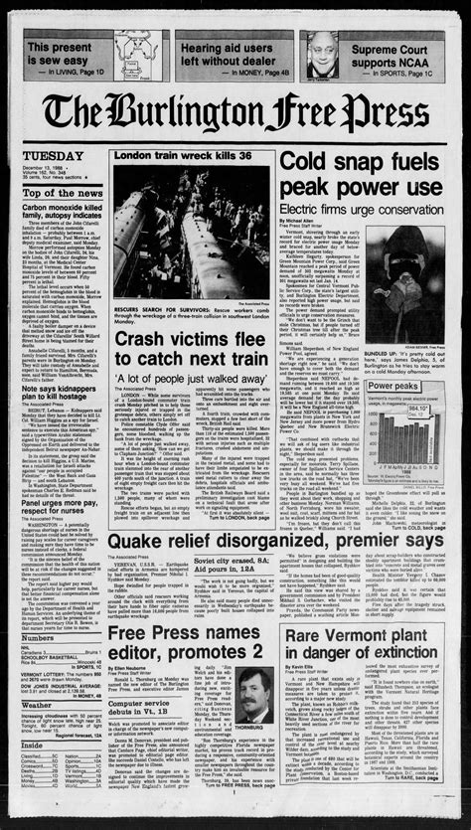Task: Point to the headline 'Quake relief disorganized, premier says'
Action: pos(275,540)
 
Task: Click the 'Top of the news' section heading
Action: pos(62,192)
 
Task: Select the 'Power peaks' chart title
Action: pos(393,386)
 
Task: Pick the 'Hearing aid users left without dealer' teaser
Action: pos(230,54)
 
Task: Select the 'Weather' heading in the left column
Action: pos(38,705)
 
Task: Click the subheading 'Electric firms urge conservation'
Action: pos(361,210)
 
